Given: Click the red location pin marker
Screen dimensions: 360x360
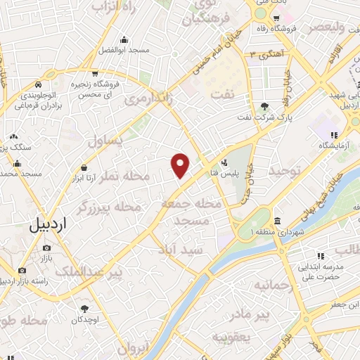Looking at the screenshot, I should (x=181, y=165).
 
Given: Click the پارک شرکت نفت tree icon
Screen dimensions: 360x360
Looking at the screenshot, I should (x=264, y=107).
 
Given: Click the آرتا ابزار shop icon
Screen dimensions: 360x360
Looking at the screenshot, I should (x=84, y=167).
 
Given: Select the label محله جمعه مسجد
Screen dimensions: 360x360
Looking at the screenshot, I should (x=192, y=212).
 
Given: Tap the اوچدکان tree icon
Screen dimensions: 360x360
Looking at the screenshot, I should (x=85, y=309).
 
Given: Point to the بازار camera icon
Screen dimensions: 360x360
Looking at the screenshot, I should (x=46, y=248).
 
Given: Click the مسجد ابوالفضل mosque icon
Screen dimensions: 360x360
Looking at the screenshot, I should (x=124, y=39).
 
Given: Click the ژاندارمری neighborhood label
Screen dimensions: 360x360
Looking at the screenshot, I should (x=148, y=99).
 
